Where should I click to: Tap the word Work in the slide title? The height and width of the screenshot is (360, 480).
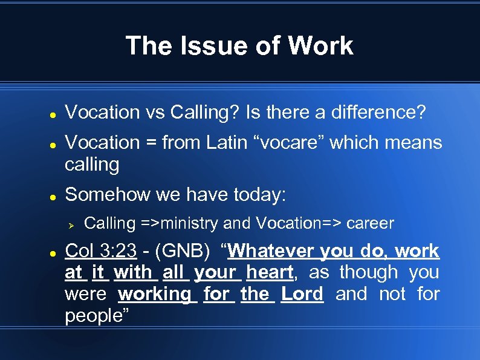[320, 46]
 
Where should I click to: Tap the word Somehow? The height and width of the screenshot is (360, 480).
[106, 194]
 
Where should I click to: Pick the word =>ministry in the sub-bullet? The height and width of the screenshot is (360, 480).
[180, 223]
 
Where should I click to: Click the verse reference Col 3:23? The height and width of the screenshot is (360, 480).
[100, 251]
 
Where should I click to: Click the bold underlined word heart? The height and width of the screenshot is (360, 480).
[270, 272]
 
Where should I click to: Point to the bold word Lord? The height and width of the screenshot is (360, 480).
[302, 294]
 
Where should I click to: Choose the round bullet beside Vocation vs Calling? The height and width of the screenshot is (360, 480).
[53, 113]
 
